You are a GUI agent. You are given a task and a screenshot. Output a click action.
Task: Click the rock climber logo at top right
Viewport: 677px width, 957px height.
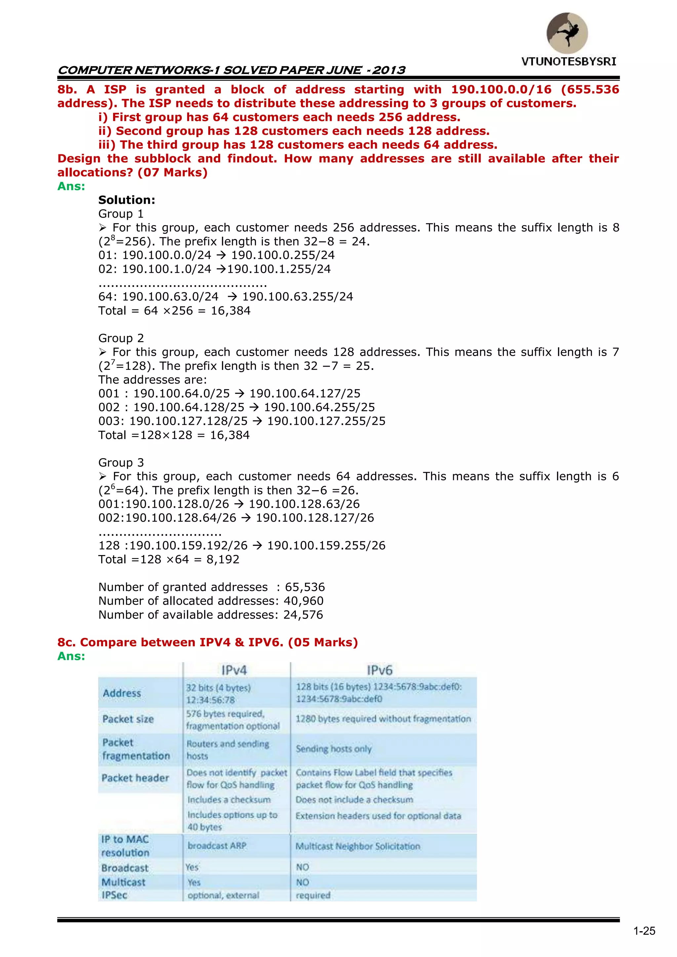[x=567, y=33]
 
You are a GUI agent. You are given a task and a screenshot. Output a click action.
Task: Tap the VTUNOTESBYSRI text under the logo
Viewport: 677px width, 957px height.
[x=569, y=62]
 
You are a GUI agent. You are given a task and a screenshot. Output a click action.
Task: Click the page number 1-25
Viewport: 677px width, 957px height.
[x=644, y=931]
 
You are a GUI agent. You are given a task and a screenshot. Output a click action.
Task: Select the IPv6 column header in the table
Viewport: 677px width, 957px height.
[x=379, y=670]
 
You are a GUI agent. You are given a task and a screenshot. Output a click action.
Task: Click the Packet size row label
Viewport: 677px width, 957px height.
[x=128, y=719]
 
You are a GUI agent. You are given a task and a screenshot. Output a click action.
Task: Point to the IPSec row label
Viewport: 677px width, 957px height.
[x=114, y=895]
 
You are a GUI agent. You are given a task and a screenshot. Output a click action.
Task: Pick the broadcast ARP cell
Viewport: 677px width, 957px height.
[x=217, y=846]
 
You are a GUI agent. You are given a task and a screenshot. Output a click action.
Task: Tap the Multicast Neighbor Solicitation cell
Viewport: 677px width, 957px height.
[x=358, y=846]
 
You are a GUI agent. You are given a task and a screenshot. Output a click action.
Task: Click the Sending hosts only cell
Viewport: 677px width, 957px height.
[x=334, y=749]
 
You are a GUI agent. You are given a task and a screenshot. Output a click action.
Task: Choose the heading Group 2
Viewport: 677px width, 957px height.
[x=121, y=338]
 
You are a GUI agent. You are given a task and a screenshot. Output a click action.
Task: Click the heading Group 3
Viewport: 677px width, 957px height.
[x=121, y=463]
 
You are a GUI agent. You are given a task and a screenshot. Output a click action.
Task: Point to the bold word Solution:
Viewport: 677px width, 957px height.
[x=127, y=200]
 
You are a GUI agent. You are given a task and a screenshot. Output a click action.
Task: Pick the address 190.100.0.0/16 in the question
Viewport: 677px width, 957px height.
[x=501, y=90]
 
